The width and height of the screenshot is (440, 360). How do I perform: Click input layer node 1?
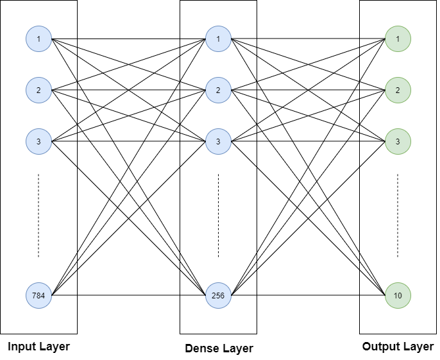(x=38, y=39)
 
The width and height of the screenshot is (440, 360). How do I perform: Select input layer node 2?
(x=38, y=90)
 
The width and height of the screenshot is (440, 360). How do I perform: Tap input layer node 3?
(x=38, y=141)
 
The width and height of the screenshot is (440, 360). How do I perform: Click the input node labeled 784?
(x=38, y=296)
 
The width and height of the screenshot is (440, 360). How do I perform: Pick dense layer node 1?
(x=218, y=39)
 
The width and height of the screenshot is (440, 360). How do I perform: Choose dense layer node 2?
(x=218, y=90)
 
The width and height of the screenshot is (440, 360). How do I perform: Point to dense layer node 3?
(x=218, y=141)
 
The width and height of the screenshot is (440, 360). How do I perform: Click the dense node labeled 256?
(x=218, y=296)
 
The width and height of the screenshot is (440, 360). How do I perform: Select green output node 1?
(x=398, y=39)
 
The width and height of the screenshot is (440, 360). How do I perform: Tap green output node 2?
(x=398, y=90)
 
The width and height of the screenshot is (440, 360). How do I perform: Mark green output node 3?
(x=398, y=141)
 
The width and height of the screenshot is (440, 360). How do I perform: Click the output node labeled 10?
(x=398, y=296)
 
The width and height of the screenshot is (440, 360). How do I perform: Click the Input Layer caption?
(x=38, y=347)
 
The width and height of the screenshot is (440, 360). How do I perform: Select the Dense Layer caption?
(x=219, y=348)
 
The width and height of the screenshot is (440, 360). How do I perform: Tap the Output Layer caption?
(x=398, y=347)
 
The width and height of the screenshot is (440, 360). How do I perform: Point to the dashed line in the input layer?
(x=38, y=215)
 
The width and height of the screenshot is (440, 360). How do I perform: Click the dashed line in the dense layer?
(x=218, y=215)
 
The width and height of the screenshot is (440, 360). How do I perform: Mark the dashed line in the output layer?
(x=398, y=215)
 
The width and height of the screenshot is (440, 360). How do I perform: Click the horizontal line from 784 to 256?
(x=128, y=296)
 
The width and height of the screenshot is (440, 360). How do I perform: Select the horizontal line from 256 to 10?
(x=308, y=296)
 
